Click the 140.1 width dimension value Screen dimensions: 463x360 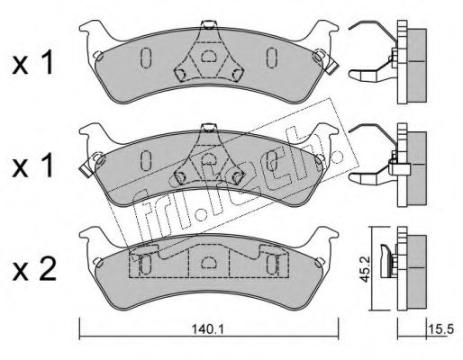[208, 329]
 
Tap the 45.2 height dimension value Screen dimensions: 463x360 [365, 269]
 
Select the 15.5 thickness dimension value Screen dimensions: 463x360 [443, 329]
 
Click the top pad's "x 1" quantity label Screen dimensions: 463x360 [33, 63]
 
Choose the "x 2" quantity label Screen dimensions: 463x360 [34, 269]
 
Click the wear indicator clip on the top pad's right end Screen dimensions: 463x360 [325, 61]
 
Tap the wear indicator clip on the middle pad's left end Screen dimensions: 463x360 [92, 164]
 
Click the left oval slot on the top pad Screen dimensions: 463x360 [146, 58]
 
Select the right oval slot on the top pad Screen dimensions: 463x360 [272, 58]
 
